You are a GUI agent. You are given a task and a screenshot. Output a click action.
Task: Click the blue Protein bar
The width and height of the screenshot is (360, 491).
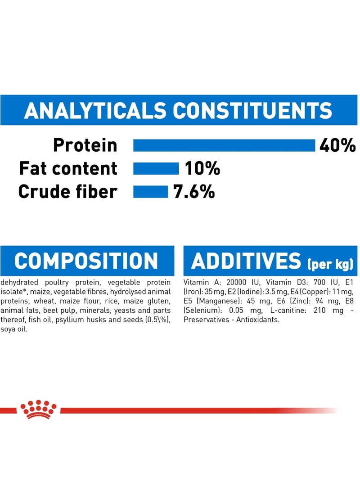(224, 145)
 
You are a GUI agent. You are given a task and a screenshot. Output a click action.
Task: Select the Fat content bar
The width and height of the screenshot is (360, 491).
(156, 168)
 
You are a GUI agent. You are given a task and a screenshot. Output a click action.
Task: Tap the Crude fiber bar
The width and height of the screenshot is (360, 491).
(151, 192)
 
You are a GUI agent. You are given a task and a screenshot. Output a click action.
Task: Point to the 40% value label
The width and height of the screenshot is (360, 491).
(337, 145)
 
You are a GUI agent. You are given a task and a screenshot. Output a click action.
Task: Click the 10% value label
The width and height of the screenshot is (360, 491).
(202, 168)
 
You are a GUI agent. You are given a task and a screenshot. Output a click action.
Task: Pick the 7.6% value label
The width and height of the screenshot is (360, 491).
(194, 192)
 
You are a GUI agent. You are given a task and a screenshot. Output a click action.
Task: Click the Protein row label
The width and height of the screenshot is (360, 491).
(85, 145)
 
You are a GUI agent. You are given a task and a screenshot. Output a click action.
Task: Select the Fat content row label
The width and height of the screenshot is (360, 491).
(68, 168)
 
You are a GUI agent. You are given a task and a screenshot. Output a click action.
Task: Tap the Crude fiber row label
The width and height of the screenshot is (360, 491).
(68, 192)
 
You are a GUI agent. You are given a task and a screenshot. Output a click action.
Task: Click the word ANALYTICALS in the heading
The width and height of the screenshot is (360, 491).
(95, 111)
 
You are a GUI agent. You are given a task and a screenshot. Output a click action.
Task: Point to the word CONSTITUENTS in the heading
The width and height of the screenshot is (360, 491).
(252, 111)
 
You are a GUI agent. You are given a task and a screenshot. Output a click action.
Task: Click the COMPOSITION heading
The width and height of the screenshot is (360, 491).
(86, 261)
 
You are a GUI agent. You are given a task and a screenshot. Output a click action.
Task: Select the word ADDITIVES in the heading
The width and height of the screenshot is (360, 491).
(246, 261)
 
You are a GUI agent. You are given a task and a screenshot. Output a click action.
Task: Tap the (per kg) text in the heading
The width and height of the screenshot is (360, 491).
(330, 264)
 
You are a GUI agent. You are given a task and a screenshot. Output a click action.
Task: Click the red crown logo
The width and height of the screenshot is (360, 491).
(39, 409)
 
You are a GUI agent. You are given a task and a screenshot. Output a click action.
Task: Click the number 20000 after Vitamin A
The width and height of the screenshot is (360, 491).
(237, 283)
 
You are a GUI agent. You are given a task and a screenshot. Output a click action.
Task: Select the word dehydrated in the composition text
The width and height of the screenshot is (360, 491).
(19, 283)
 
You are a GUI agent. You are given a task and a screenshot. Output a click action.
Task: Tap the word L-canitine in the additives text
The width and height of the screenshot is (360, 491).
(284, 311)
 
